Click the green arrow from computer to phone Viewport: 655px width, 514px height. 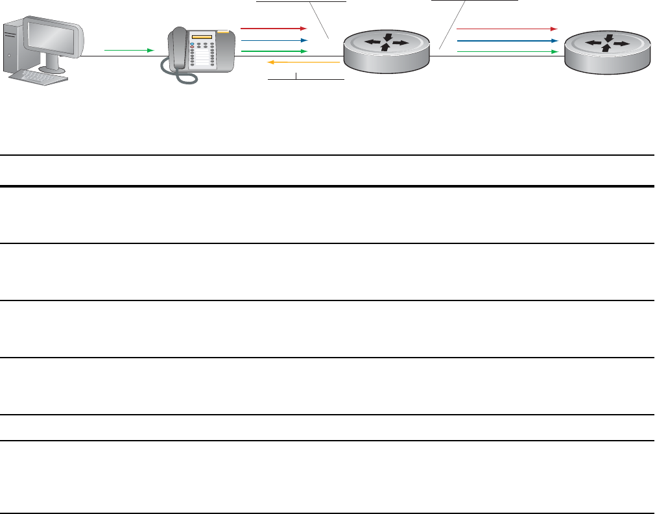129,50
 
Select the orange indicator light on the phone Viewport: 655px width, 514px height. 224,31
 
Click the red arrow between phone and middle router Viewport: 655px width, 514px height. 273,29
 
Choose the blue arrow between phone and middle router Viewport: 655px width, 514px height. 273,40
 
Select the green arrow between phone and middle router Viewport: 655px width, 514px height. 273,51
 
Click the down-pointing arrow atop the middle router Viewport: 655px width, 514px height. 387,36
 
